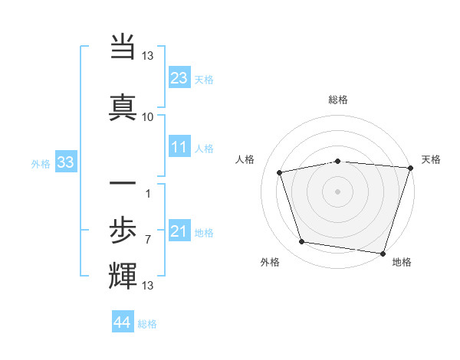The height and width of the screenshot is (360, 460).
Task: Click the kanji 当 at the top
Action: coord(123,48)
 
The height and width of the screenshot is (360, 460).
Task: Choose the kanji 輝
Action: coord(123,273)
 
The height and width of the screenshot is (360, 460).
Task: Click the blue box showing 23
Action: coord(179,77)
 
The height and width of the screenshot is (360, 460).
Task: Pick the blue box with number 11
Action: coord(179,147)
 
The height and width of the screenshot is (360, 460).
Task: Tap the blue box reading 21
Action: coord(179,231)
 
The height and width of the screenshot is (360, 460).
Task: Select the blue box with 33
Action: coord(65,162)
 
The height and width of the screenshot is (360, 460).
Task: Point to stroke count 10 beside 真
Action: coord(148,116)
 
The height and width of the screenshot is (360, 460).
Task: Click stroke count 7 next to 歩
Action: coord(147,240)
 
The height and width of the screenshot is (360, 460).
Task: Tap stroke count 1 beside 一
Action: coord(147,192)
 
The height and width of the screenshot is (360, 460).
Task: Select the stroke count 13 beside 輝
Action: coord(148,286)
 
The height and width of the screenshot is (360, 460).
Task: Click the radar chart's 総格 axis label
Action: coord(337,100)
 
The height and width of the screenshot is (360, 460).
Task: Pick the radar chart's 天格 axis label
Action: coord(431,159)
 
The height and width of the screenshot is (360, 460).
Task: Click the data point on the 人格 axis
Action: coord(280,172)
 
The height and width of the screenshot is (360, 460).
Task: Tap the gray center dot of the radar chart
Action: coord(337,191)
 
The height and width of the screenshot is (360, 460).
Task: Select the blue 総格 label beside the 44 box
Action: coord(147,323)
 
